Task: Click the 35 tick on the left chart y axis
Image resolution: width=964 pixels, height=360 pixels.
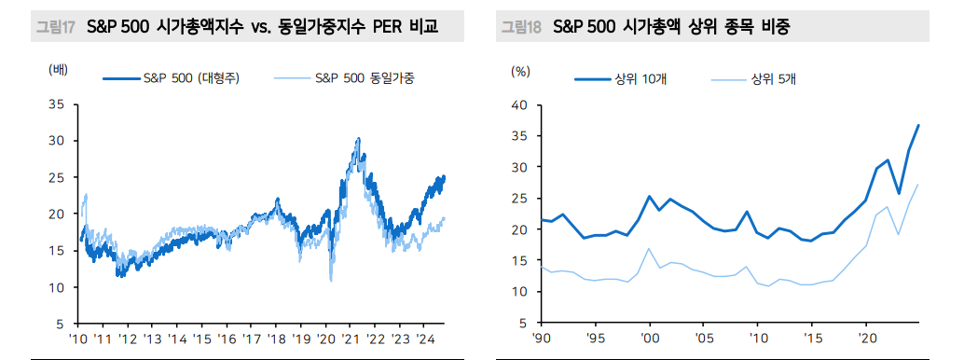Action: click(x=57, y=104)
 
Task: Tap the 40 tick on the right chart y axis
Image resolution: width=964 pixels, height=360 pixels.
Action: click(x=520, y=104)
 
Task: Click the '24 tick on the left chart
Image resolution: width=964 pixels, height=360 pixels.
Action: click(x=423, y=338)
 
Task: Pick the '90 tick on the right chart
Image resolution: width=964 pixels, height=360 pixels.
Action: click(x=544, y=338)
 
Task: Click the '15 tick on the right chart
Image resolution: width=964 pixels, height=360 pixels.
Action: click(x=814, y=338)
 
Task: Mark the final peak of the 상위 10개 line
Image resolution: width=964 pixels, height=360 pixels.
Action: click(x=918, y=125)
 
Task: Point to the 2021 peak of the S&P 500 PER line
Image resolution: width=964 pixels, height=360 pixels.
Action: click(x=358, y=140)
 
